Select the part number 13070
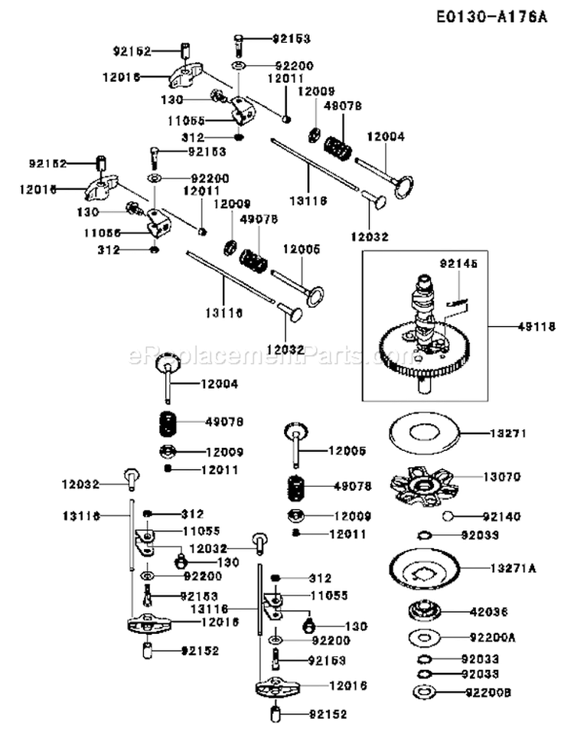(x=501, y=475)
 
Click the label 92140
(x=501, y=517)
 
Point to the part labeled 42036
(x=424, y=612)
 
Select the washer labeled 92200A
(x=424, y=636)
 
